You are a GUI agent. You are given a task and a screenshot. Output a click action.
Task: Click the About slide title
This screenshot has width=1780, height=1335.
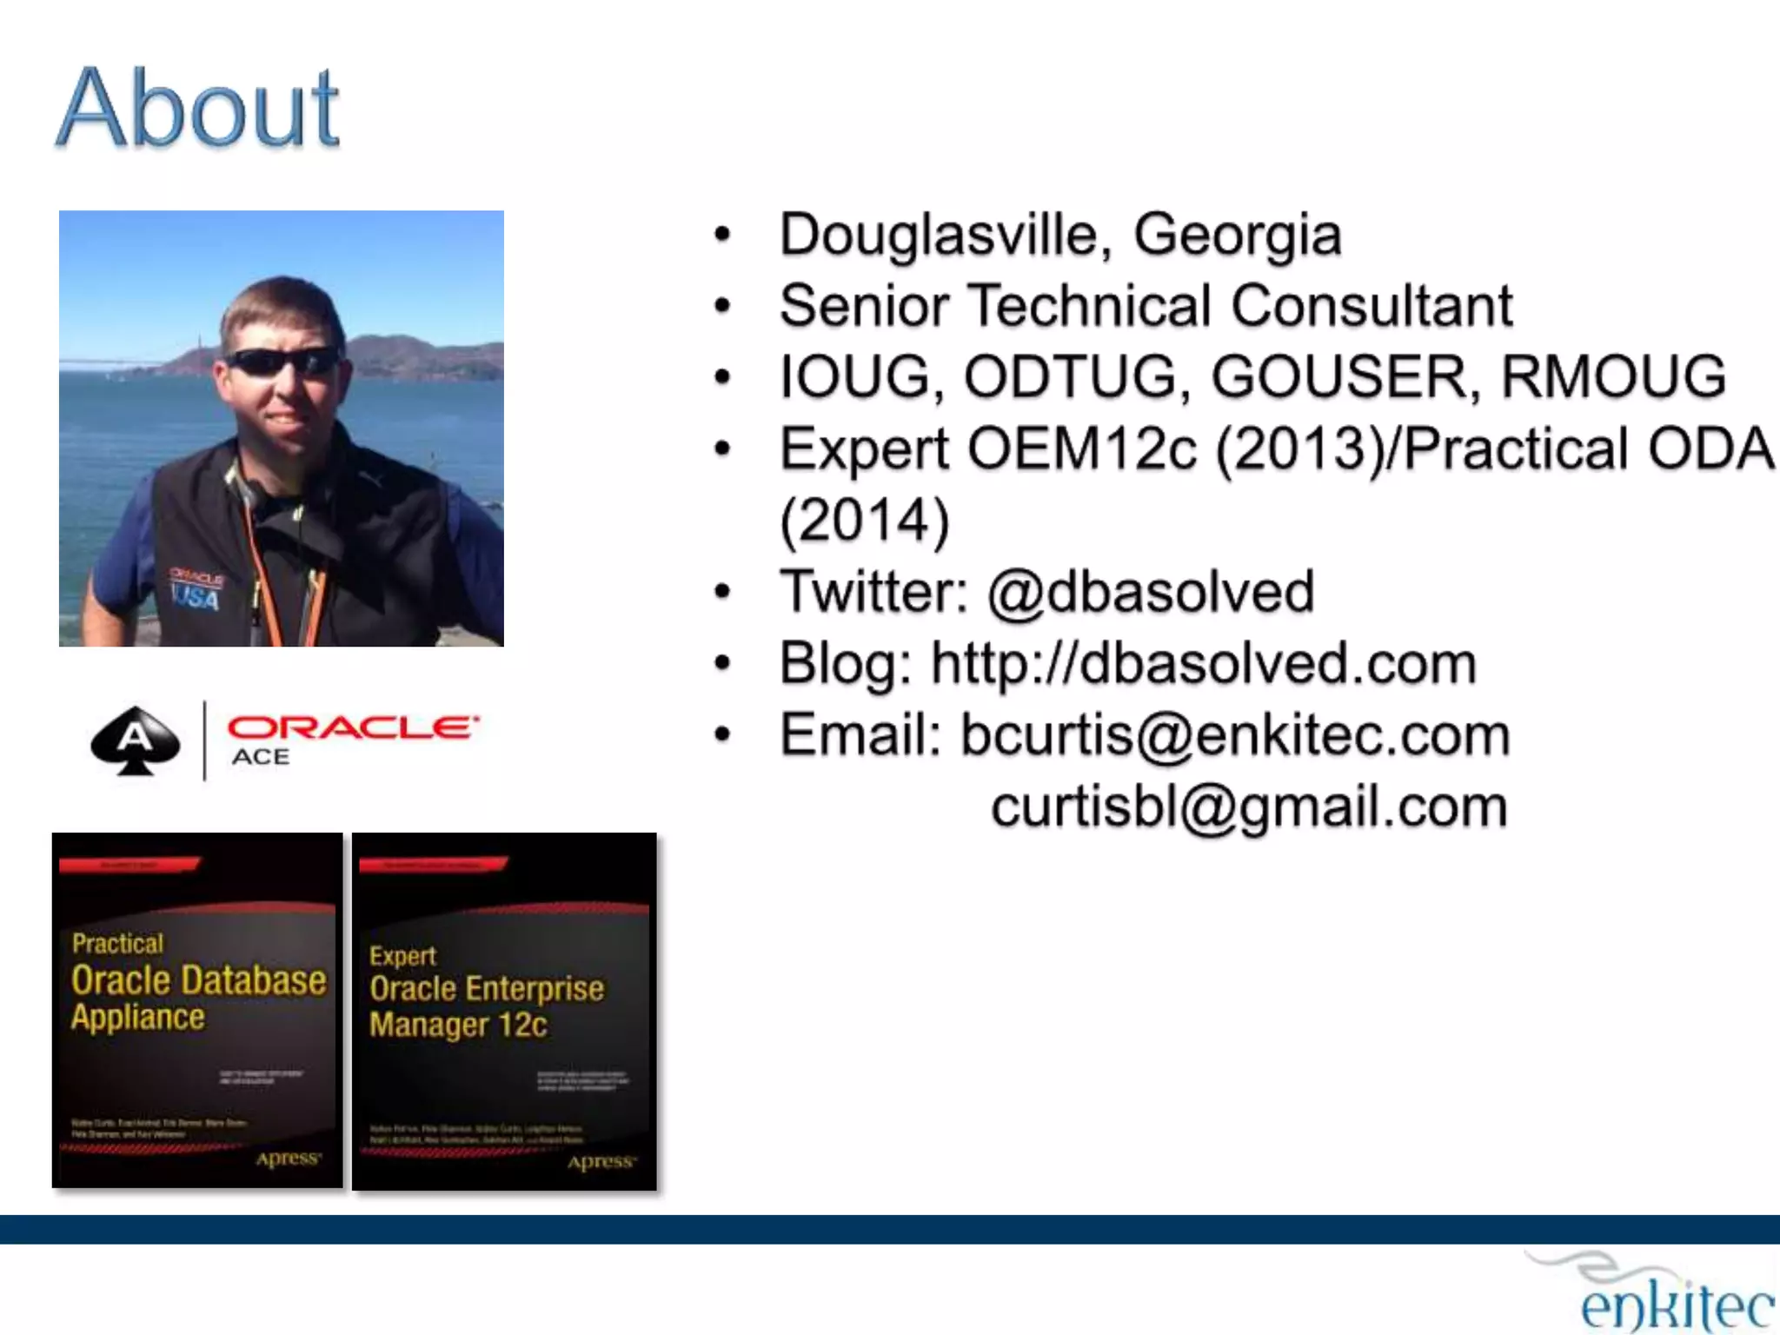pyautogui.click(x=198, y=109)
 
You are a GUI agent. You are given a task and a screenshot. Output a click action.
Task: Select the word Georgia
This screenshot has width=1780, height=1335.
pyautogui.click(x=1238, y=236)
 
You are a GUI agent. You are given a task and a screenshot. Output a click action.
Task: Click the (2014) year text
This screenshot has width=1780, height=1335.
pyautogui.click(x=864, y=521)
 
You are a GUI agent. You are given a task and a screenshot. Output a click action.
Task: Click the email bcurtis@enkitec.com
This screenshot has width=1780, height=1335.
pyautogui.click(x=1234, y=735)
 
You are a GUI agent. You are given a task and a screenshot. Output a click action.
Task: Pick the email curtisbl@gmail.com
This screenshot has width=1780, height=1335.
pyautogui.click(x=1249, y=807)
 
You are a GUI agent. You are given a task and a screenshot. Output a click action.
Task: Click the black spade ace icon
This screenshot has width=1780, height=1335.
pyautogui.click(x=136, y=741)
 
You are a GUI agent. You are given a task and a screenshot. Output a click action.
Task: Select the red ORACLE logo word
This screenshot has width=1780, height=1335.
pyautogui.click(x=352, y=727)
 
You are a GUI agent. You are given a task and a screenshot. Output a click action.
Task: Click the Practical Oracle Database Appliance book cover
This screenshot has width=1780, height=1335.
pyautogui.click(x=197, y=1010)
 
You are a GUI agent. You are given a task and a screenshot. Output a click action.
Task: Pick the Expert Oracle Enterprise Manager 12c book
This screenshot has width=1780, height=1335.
pyautogui.click(x=504, y=1012)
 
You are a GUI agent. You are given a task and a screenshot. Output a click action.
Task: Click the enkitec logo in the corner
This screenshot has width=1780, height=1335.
pyautogui.click(x=1673, y=1299)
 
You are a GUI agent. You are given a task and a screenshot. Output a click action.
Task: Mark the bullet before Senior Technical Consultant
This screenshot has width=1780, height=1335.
pyautogui.click(x=722, y=306)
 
